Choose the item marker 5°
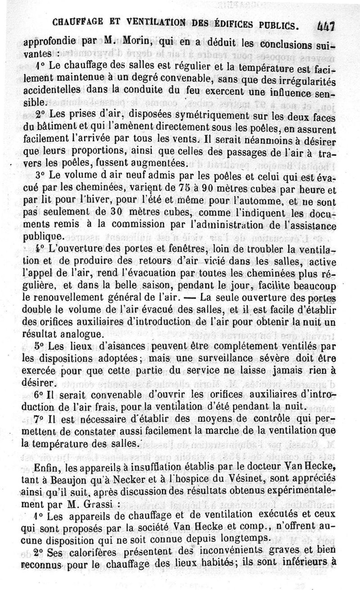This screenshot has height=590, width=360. [x=28, y=346]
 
